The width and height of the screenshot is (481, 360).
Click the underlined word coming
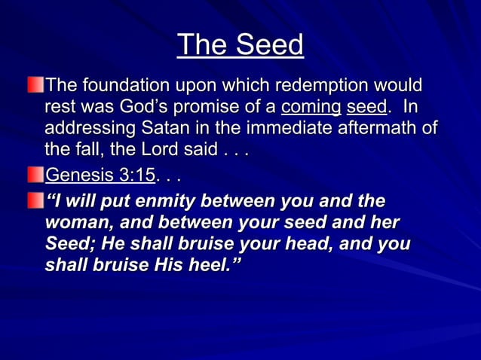click(x=311, y=107)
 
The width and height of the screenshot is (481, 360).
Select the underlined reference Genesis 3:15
click(x=100, y=175)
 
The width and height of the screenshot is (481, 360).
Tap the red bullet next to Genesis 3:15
click(x=36, y=175)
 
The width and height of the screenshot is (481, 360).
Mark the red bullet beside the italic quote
click(x=36, y=200)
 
